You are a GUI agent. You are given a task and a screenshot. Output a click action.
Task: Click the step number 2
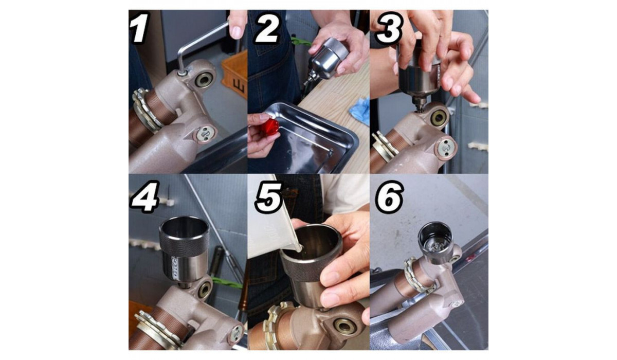pyautogui.click(x=267, y=30)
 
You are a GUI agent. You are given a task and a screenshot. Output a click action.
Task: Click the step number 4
pyautogui.click(x=144, y=195)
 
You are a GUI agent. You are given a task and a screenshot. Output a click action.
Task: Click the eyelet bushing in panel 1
pyautogui.click(x=204, y=81)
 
